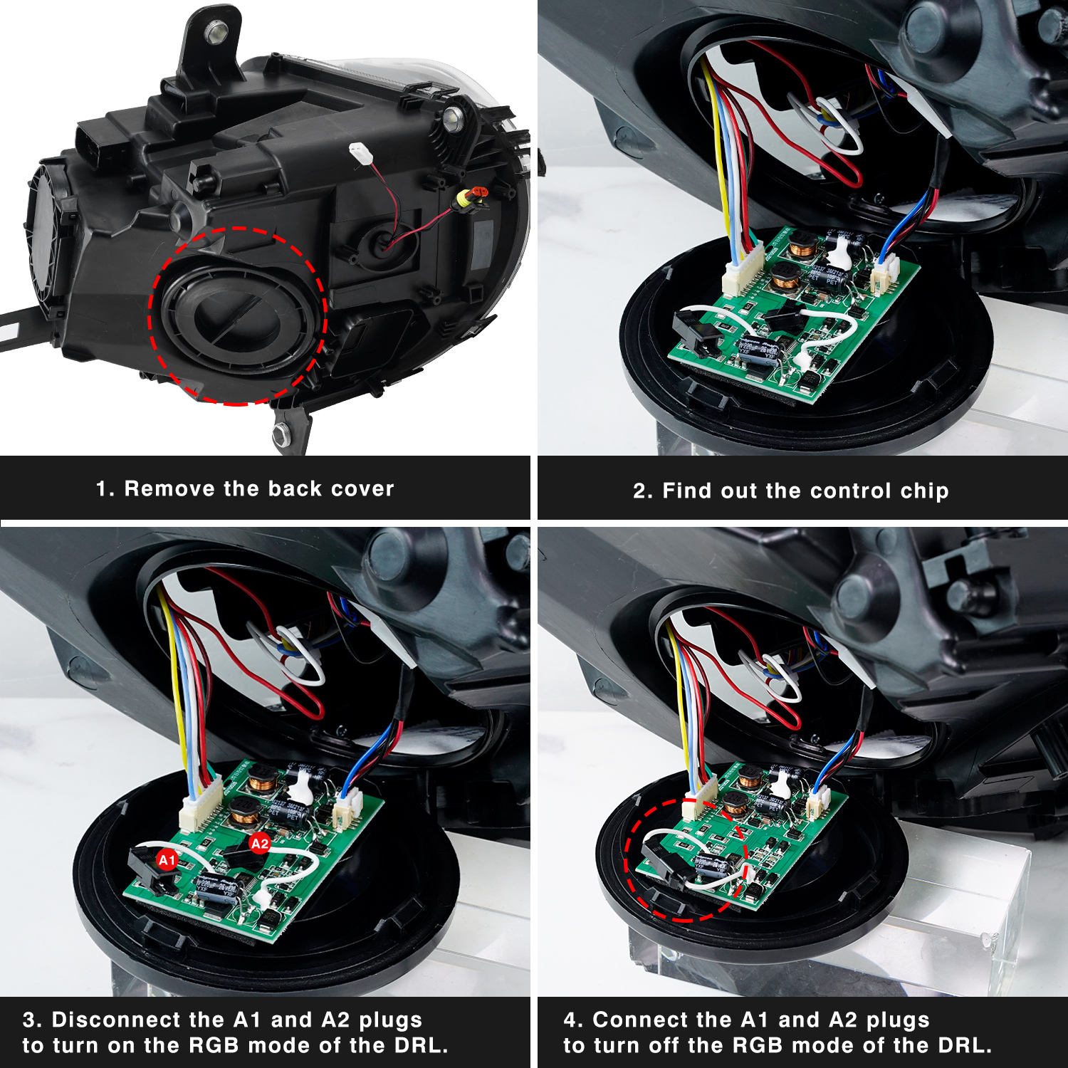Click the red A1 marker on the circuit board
[167, 860]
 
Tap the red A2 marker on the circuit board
[260, 844]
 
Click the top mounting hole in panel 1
[215, 30]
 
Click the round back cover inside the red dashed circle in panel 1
[235, 317]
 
